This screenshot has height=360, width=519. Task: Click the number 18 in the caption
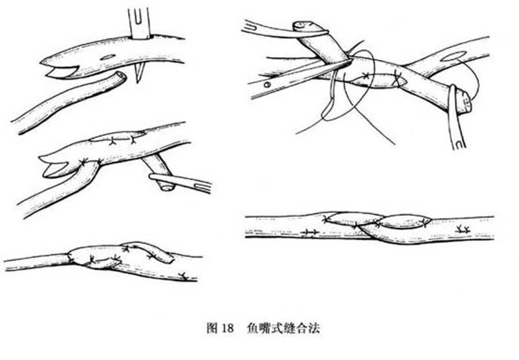(227, 328)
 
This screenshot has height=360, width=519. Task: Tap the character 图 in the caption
(212, 328)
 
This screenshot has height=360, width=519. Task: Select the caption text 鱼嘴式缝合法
(283, 328)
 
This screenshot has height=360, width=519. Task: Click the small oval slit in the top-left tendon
(108, 57)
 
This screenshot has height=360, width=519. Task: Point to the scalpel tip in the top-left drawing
(138, 82)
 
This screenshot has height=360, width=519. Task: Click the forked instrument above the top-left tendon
(139, 23)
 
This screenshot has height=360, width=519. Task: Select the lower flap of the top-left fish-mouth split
(61, 73)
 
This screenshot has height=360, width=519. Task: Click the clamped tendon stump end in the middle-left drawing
(167, 188)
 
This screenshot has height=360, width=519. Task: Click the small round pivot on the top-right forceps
(267, 85)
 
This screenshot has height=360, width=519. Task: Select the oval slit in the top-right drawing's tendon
(454, 56)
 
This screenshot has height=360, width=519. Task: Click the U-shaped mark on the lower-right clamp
(459, 144)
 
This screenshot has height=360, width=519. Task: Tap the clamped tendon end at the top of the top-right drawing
(304, 26)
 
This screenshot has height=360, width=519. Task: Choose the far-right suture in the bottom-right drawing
(463, 229)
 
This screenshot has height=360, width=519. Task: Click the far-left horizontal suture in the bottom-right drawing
(310, 232)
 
